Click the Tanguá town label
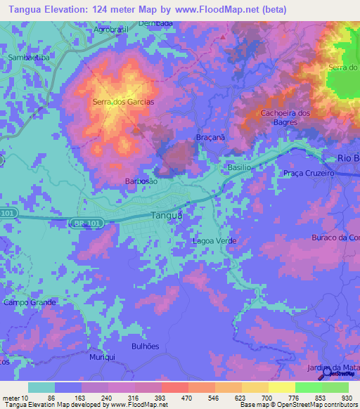coord(167,216)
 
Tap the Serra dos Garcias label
coord(123,102)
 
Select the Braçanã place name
coord(210,138)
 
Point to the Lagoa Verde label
coord(214,241)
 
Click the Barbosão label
coord(141,181)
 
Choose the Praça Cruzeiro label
coord(308,173)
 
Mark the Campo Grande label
coord(30,302)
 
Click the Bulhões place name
coord(146,346)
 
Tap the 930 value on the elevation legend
coord(346,398)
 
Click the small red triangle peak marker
coord(224,37)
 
